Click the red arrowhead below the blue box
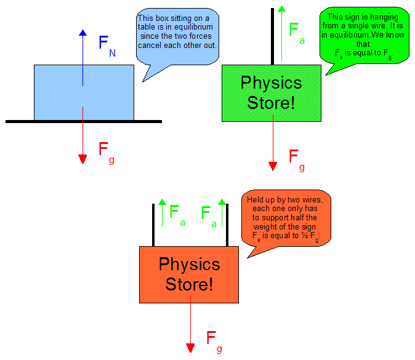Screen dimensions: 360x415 [83, 159]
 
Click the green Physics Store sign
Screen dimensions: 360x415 [271, 92]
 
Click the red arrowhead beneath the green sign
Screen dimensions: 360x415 [273, 166]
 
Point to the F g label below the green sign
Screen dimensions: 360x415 [296, 159]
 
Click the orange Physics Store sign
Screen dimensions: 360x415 [189, 274]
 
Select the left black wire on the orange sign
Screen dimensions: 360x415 [153, 225]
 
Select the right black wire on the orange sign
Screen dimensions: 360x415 [227, 225]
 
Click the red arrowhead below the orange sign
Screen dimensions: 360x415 [191, 348]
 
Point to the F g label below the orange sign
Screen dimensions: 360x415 [214, 340]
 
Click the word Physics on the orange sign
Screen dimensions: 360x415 [189, 265]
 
